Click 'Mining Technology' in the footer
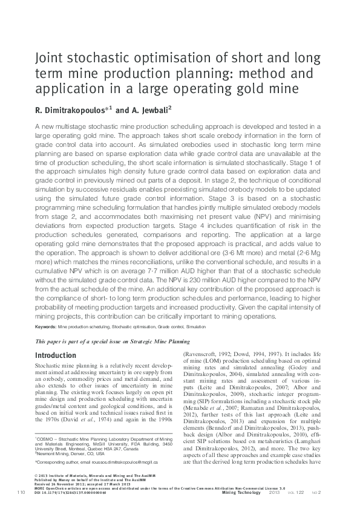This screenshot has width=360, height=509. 240,493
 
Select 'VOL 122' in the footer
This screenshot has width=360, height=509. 295,493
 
